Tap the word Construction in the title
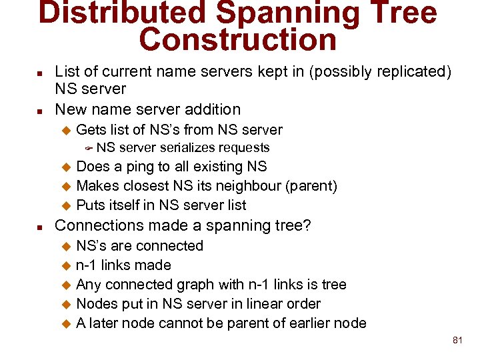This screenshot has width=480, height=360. coord(237,40)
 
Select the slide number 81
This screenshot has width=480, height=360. coord(457,340)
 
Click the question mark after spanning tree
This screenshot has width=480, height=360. coord(307,225)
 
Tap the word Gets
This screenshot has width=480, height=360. coord(91,129)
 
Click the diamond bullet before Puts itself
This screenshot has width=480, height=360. coord(66,205)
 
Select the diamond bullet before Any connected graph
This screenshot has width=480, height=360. coord(66,285)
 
